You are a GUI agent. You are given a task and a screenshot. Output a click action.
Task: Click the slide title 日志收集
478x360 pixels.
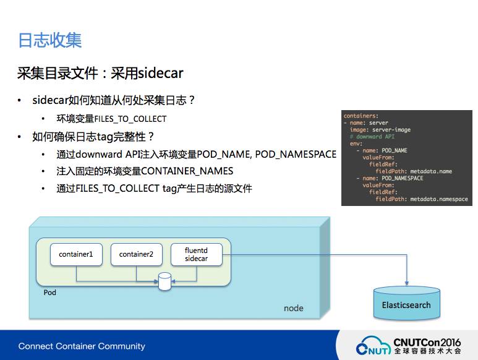[50, 41]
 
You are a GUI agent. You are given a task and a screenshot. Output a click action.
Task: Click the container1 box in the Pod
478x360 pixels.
[75, 254]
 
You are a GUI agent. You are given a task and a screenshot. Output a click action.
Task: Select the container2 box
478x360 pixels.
[136, 254]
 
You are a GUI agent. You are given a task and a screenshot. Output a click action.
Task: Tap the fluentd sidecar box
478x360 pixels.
[196, 254]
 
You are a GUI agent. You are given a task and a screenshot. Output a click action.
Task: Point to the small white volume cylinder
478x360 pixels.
[164, 282]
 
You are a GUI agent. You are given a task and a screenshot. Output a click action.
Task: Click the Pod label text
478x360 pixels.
[49, 292]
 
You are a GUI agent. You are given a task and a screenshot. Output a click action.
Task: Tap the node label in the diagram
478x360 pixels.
[293, 308]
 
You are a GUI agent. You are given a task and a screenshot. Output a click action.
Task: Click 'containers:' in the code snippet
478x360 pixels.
[361, 116]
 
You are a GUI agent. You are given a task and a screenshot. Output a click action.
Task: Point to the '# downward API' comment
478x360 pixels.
[372, 137]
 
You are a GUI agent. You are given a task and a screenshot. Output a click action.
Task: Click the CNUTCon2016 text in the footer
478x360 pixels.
[427, 341]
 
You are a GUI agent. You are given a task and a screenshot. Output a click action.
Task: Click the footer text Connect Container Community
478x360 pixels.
[82, 346]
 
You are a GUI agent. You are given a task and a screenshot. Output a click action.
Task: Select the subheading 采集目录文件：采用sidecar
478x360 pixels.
[100, 74]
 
